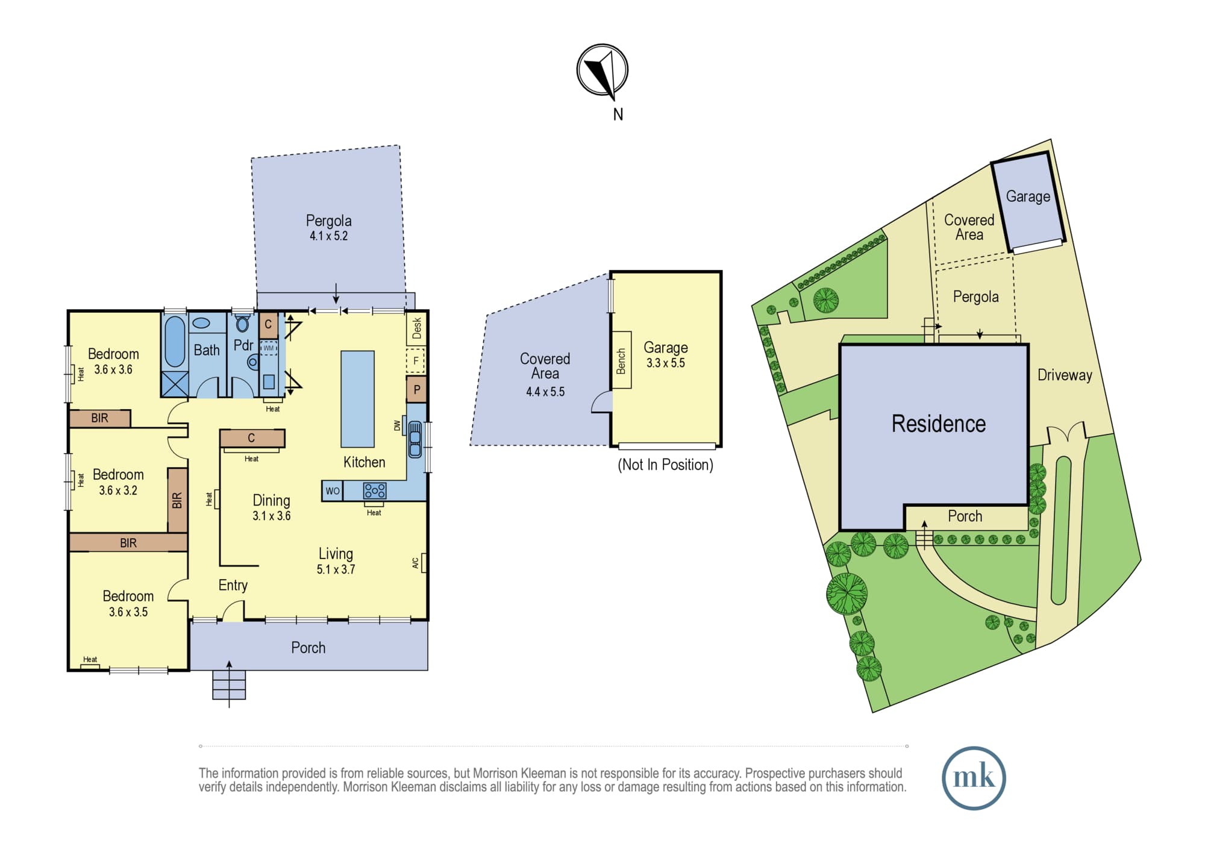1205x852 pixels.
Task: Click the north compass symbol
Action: tap(602, 70)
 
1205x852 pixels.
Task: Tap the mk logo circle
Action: tap(974, 778)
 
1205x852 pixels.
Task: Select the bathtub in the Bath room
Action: tap(175, 341)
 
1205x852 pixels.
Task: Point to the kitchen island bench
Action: tap(358, 399)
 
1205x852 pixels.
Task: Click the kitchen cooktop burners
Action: tap(374, 491)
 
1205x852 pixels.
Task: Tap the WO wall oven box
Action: tap(333, 491)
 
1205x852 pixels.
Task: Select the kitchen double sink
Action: tap(415, 439)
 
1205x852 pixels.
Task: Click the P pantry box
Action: tap(416, 389)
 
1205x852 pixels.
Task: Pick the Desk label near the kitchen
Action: tap(416, 328)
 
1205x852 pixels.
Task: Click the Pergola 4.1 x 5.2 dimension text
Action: tap(329, 236)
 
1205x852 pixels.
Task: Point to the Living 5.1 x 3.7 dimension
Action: tap(336, 569)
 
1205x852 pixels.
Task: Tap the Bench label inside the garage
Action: tap(621, 360)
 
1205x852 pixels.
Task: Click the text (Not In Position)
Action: tap(665, 465)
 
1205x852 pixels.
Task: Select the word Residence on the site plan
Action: tap(939, 424)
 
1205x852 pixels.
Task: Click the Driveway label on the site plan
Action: tap(1065, 375)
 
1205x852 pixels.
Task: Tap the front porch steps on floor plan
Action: tap(229, 684)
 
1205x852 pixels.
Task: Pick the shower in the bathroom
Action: tap(175, 384)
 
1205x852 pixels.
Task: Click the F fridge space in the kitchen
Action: tap(416, 361)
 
